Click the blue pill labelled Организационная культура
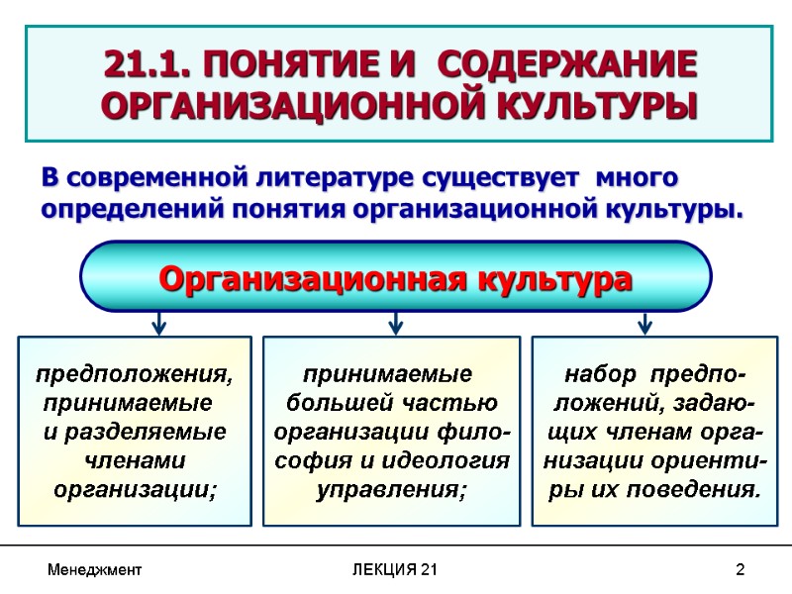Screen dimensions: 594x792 395,278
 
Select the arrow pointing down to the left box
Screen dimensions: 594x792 158,323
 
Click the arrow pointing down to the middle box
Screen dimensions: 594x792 395,323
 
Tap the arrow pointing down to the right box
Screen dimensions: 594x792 644,323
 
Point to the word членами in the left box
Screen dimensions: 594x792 136,461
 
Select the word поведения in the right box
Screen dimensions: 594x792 697,489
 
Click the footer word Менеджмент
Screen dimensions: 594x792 95,570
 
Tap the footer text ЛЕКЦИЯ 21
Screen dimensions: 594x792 396,570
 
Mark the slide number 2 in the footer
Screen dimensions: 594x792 740,570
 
